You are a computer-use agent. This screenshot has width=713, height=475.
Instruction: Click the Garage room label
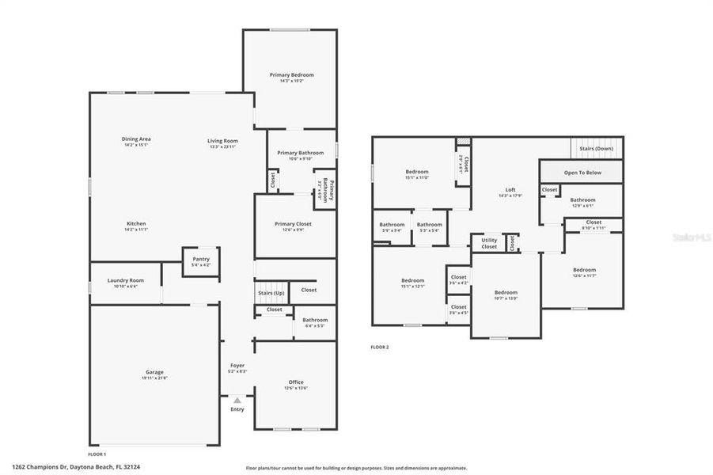[154, 372]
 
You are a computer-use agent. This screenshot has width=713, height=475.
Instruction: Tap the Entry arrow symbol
[237, 401]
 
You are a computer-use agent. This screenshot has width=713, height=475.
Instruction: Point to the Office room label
[295, 382]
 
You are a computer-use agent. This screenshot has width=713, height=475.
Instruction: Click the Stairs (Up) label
[271, 293]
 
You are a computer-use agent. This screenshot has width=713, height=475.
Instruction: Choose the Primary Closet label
[294, 223]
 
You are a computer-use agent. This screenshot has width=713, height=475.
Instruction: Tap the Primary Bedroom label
[291, 74]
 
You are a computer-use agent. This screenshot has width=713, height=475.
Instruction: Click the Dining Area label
[136, 139]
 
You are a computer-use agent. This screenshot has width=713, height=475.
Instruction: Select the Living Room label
[223, 141]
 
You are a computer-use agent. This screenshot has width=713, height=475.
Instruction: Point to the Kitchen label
[136, 223]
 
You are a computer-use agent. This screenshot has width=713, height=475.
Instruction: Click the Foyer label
[237, 365]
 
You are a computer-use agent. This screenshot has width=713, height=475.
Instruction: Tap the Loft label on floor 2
[510, 190]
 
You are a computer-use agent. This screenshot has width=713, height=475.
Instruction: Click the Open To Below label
[582, 172]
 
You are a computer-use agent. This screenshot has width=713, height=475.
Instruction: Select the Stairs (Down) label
[597, 148]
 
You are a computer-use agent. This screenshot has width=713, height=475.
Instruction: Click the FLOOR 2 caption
[380, 347]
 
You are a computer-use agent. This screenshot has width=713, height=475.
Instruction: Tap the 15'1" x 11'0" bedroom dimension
[417, 177]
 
